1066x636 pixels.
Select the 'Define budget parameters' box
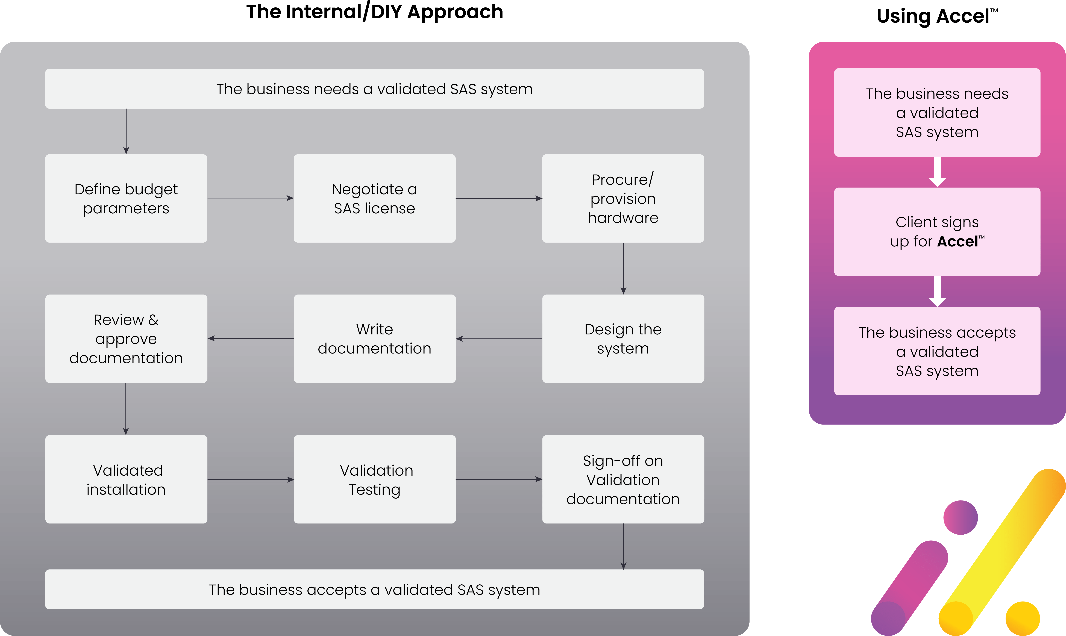click(126, 198)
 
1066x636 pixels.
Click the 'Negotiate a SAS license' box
click(374, 198)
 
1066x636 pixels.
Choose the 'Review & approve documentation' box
click(126, 338)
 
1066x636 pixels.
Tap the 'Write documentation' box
click(374, 338)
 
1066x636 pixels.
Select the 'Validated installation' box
click(126, 479)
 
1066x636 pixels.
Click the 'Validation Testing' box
click(374, 479)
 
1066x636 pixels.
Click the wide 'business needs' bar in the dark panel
click(374, 89)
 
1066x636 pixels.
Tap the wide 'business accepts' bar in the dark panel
click(374, 589)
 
